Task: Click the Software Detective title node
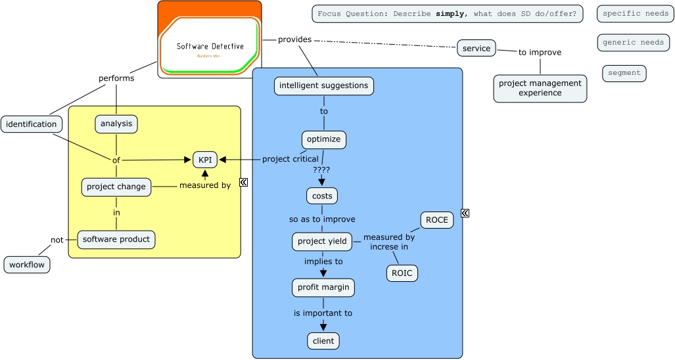[210, 47]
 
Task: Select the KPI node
[205, 160]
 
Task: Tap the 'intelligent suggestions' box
[324, 86]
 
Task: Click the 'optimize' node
[324, 140]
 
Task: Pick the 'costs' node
[322, 196]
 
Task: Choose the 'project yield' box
[322, 242]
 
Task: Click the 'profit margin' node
[323, 288]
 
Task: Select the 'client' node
[323, 341]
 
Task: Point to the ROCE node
[437, 220]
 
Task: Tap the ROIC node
[402, 273]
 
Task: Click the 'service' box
[477, 48]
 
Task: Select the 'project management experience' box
[540, 88]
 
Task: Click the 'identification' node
[32, 124]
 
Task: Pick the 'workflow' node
[27, 265]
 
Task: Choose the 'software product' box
[116, 239]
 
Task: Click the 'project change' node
[116, 187]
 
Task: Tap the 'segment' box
[624, 73]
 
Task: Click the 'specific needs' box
[636, 13]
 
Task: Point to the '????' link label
[321, 170]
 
